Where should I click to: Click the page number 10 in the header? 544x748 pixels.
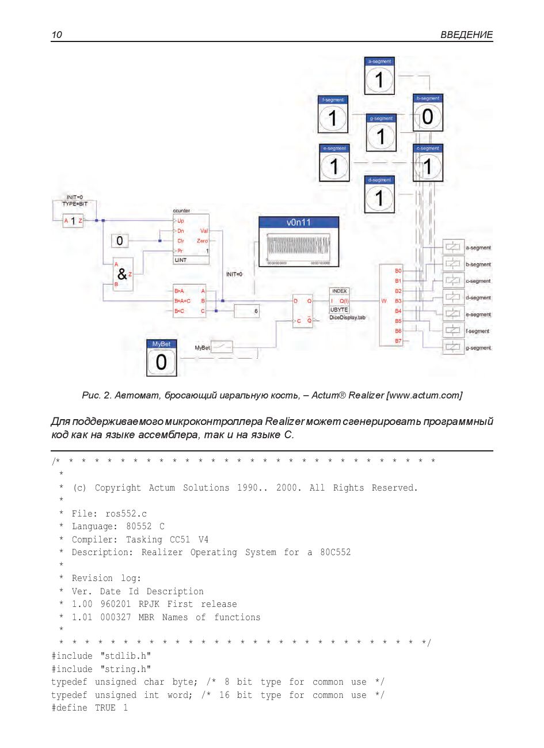(56, 35)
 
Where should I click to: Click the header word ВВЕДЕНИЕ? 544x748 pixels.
(466, 35)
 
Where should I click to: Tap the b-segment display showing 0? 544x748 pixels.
(428, 113)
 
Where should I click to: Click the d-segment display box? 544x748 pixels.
(379, 195)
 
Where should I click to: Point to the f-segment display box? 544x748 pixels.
(333, 115)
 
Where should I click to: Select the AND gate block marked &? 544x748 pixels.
(122, 274)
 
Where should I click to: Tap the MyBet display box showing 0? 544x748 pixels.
(161, 358)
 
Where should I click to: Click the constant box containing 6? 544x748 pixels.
(247, 311)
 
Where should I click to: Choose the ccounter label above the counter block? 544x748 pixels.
(181, 211)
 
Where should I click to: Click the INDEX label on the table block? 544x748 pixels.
(339, 291)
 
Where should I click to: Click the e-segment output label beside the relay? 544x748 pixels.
(478, 314)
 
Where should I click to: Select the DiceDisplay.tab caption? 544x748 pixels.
(347, 317)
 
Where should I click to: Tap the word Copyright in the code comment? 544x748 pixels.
(117, 488)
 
